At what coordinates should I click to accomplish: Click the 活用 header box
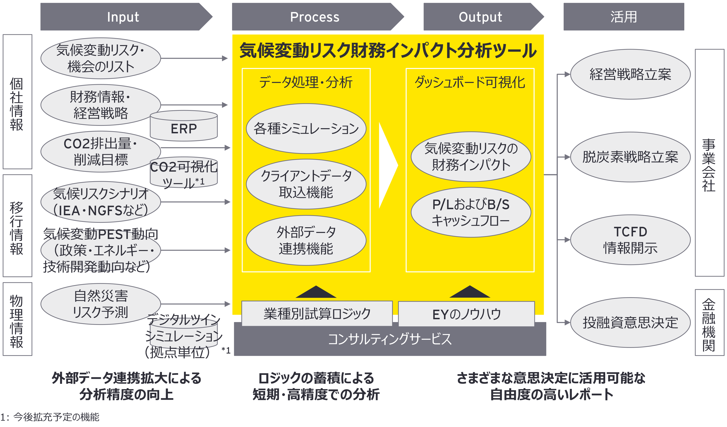point(624,17)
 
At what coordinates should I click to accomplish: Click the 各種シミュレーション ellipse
point(306,128)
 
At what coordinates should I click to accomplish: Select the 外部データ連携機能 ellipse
point(306,240)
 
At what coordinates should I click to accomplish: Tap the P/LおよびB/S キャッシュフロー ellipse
point(471,212)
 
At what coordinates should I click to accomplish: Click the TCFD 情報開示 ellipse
point(630,240)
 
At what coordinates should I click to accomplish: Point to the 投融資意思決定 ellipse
point(630,323)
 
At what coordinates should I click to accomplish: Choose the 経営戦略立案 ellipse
point(630,74)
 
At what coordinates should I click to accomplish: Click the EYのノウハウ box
point(467,314)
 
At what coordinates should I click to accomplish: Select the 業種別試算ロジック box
point(317,314)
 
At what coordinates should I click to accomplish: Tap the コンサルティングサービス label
point(390,339)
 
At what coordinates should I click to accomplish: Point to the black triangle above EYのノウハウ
point(470,292)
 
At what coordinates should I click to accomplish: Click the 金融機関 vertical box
point(709,323)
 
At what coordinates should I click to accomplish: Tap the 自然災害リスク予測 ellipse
point(100,304)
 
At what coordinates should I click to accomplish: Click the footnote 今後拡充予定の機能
point(56,417)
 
